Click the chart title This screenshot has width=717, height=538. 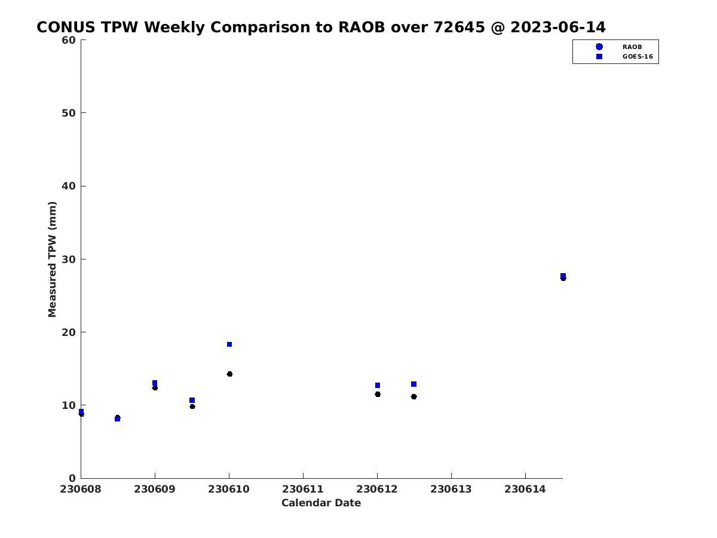[x=321, y=27]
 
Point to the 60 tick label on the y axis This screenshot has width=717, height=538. [x=69, y=40]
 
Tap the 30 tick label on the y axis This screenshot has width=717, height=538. [x=69, y=259]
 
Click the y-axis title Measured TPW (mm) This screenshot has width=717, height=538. [x=52, y=259]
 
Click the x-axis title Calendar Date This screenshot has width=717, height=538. [x=321, y=503]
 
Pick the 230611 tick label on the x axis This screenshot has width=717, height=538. [x=303, y=489]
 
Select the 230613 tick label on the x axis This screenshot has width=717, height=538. [x=451, y=489]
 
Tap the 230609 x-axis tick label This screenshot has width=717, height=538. [x=155, y=489]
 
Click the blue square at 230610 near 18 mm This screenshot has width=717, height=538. [x=229, y=344]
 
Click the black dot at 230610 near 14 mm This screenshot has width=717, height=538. [x=229, y=374]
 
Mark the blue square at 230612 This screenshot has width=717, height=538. [x=378, y=385]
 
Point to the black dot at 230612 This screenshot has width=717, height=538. [x=378, y=395]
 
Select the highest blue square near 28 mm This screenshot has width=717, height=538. [x=563, y=276]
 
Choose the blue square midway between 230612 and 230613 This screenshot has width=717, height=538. [x=413, y=384]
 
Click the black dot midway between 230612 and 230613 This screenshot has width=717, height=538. [x=414, y=396]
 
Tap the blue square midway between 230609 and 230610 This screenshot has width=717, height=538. [x=192, y=400]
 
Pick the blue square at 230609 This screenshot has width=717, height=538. [x=155, y=383]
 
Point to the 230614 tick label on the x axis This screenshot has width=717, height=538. [x=525, y=489]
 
